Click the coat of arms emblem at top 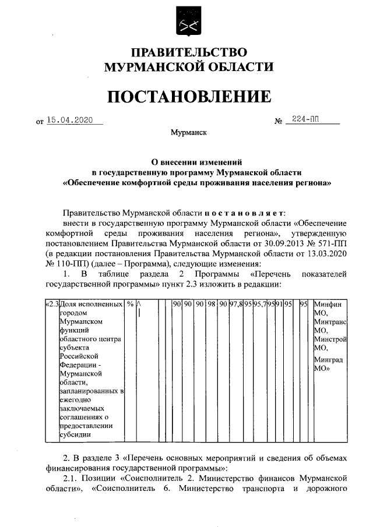click(x=187, y=22)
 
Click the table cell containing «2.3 click(x=52, y=304)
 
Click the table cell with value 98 click(x=212, y=304)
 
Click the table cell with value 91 click(x=279, y=304)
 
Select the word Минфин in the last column click(x=327, y=304)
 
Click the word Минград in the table click(x=329, y=360)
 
